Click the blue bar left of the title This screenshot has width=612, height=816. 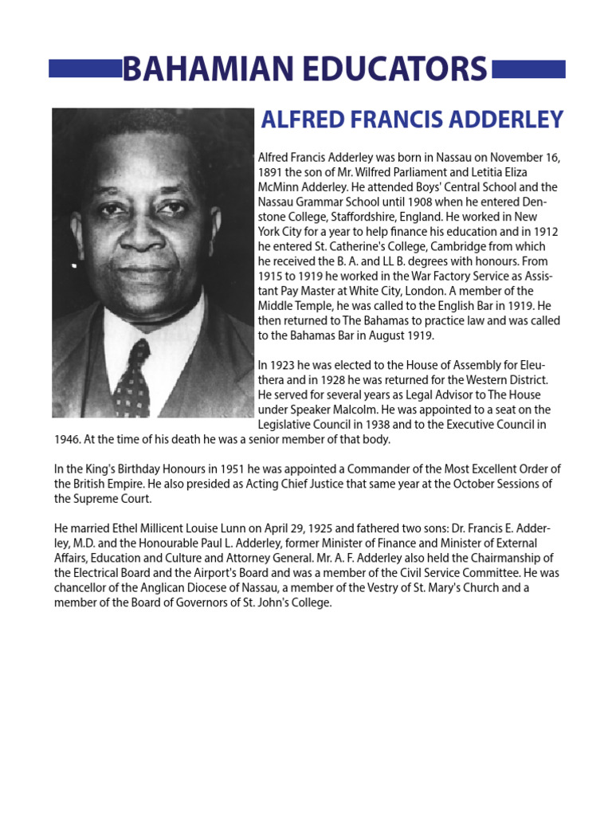(x=84, y=69)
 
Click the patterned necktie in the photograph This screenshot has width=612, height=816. (x=131, y=378)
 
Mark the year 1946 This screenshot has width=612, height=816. (x=67, y=439)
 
